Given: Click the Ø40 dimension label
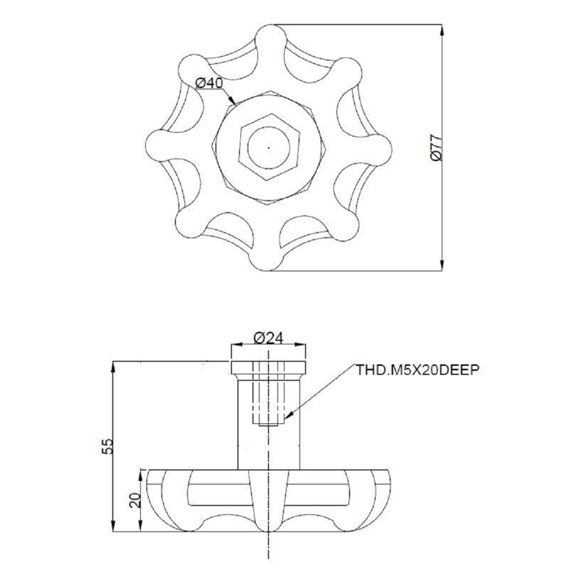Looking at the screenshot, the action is [x=209, y=83].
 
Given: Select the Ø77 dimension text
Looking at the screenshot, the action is [x=437, y=148].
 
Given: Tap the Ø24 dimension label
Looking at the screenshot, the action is [x=268, y=339].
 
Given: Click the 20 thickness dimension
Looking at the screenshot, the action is [x=135, y=500].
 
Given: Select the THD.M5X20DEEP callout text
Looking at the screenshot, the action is [x=418, y=370].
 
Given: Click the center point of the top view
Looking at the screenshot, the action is [x=269, y=148].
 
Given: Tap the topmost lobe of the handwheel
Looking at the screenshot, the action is [x=271, y=39].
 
